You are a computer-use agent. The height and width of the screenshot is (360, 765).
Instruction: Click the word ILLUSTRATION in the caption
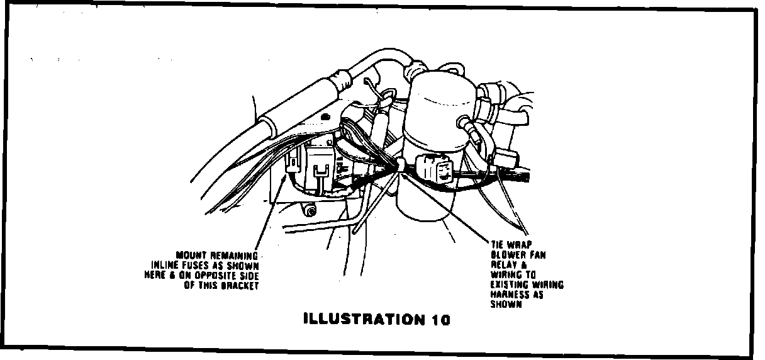coord(363,318)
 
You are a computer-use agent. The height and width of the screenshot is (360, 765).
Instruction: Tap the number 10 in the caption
coord(441,319)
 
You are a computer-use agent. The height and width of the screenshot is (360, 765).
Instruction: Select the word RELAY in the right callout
coord(502,265)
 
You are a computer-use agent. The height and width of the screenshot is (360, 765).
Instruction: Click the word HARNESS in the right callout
coord(508,295)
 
